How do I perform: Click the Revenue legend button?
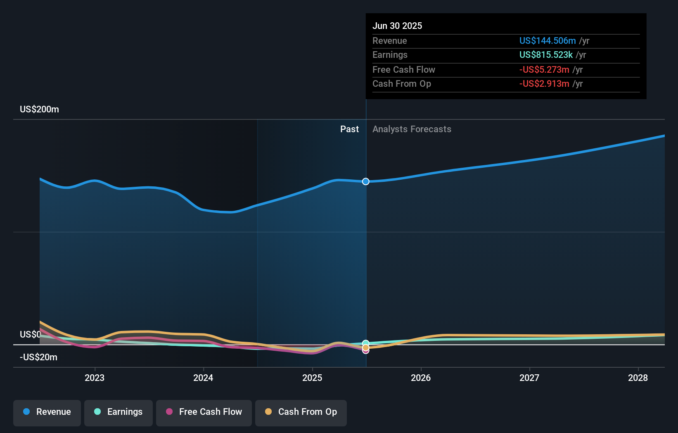tap(47, 412)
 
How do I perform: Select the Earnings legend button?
tap(119, 412)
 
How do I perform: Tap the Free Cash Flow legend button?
tap(204, 412)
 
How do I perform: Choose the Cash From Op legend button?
tap(301, 412)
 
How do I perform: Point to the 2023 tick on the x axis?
tap(95, 378)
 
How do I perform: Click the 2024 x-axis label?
tap(203, 378)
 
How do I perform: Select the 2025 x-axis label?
tap(312, 378)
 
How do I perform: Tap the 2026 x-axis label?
tap(421, 378)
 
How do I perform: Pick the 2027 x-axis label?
tap(529, 378)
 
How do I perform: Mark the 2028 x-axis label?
tap(638, 378)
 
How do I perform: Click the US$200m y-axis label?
tap(39, 109)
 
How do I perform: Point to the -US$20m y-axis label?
tap(38, 357)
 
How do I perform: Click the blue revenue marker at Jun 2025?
tap(366, 181)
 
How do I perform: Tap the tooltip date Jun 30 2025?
tap(397, 26)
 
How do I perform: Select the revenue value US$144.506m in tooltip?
tap(548, 40)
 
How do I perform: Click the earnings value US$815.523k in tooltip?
tap(546, 55)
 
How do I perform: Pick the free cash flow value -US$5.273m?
tap(544, 69)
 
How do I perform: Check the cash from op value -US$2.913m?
tap(544, 84)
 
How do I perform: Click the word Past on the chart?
tap(349, 129)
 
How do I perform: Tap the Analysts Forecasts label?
tap(412, 129)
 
